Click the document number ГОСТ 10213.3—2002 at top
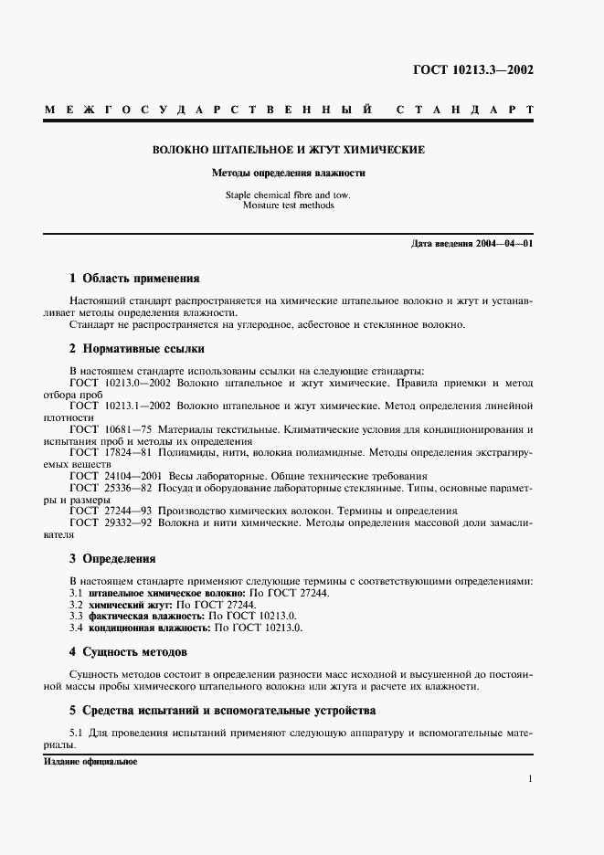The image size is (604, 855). (475, 69)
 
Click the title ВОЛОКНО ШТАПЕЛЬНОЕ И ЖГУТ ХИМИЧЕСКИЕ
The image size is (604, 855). (288, 149)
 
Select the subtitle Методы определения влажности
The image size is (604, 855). (288, 173)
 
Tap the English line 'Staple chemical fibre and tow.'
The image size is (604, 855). (288, 195)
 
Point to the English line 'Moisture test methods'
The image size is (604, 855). (288, 206)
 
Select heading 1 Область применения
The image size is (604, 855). (134, 278)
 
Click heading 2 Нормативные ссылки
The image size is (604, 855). (137, 348)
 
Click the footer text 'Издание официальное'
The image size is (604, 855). (90, 761)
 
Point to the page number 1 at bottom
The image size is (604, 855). (530, 779)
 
